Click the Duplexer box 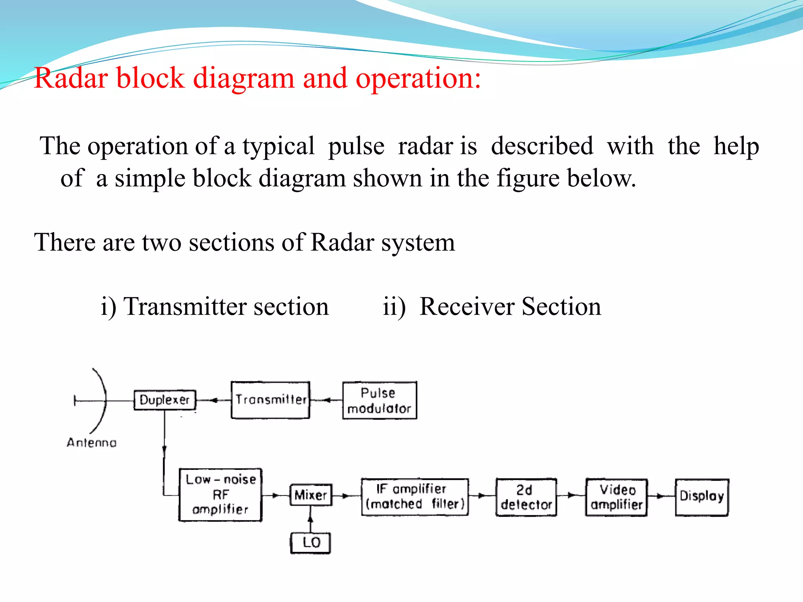pos(165,400)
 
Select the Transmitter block pos(271,400)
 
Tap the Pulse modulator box pos(379,401)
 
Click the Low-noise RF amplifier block pos(220,495)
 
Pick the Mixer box pos(311,495)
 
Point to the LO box pos(311,543)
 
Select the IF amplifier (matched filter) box pos(415,497)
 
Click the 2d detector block pos(526,497)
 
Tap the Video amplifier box pos(616,497)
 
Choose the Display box pos(702,497)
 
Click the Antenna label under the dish pos(92,443)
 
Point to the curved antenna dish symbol pos(103,400)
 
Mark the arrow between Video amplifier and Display pos(661,496)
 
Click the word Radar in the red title pos(71,78)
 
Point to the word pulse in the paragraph pos(356,147)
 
